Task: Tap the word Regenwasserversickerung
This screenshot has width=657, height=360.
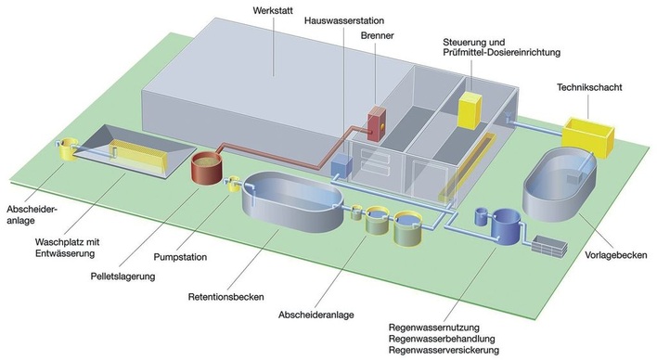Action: [445, 350]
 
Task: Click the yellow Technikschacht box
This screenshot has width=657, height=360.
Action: [588, 135]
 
